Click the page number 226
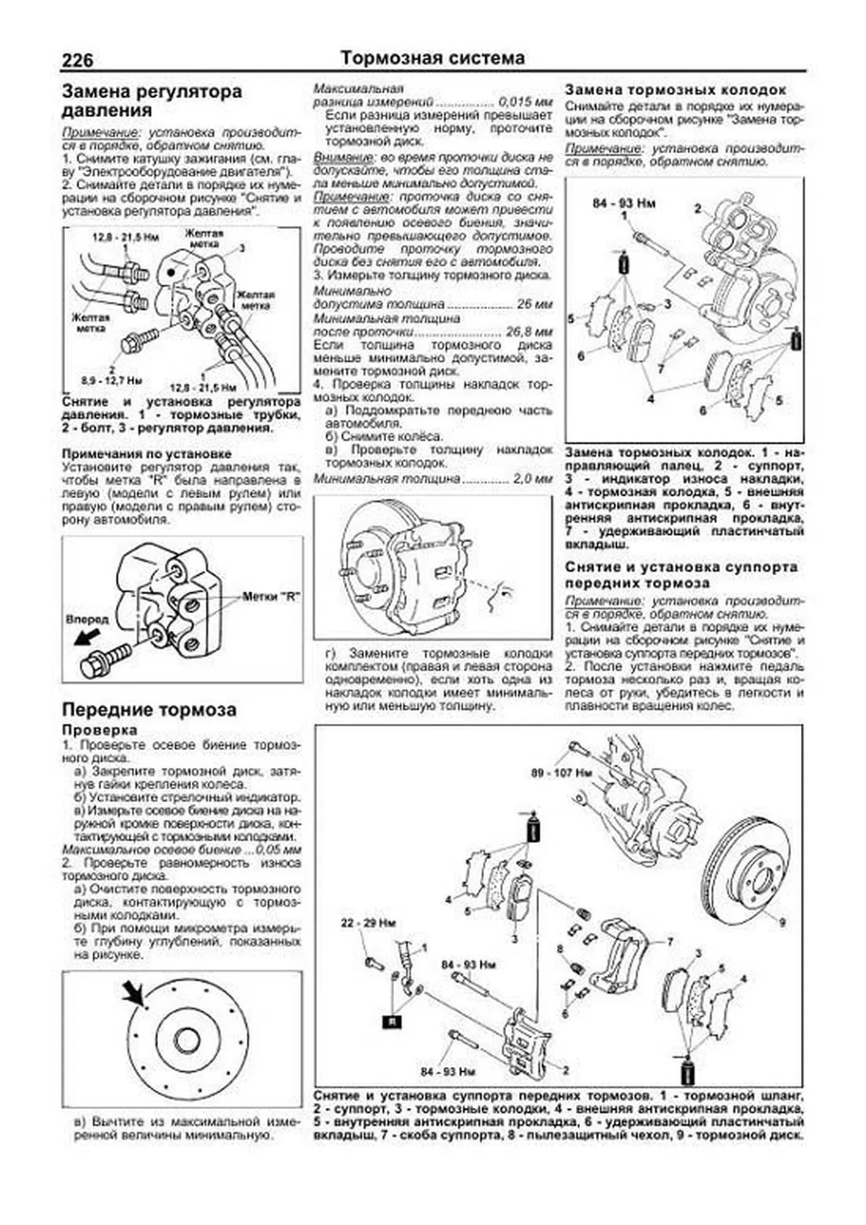[78, 60]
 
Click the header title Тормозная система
[432, 58]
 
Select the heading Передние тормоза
[149, 710]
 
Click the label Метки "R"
[271, 597]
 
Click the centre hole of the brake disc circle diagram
[187, 1041]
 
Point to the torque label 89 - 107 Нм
[561, 772]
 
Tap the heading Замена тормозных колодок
[675, 90]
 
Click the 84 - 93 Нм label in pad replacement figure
[624, 204]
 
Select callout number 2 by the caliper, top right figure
[697, 209]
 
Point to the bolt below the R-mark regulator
[105, 658]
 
